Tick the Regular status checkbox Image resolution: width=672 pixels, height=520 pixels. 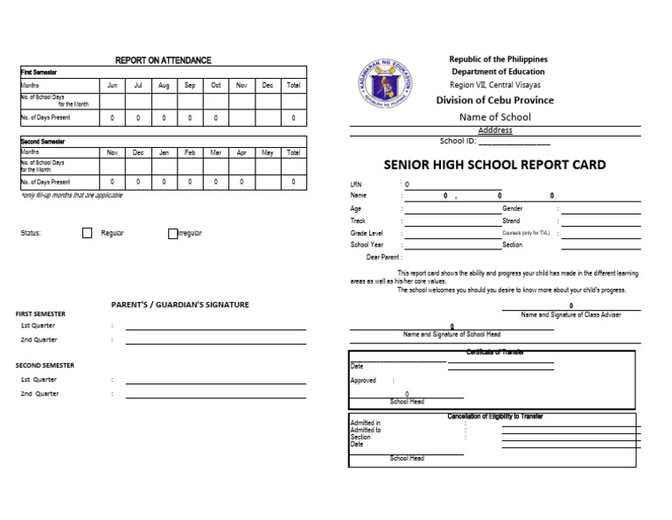(x=87, y=234)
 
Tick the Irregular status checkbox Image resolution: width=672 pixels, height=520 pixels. (x=172, y=234)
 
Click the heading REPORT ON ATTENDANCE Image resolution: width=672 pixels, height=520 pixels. (x=164, y=60)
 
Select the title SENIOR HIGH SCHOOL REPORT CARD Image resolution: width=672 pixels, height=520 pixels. (x=494, y=165)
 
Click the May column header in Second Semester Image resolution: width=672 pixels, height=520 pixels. (x=268, y=152)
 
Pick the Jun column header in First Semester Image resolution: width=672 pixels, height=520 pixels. (x=112, y=86)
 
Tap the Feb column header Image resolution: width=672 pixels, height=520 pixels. (x=190, y=152)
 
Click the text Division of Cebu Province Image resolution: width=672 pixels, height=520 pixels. (x=495, y=100)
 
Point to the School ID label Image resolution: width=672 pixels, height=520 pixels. (x=458, y=141)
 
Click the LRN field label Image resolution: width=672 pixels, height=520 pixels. (x=355, y=185)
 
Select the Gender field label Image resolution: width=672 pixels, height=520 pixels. (x=512, y=209)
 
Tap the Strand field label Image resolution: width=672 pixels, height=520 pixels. (x=511, y=221)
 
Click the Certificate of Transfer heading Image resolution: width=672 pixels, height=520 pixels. (x=494, y=352)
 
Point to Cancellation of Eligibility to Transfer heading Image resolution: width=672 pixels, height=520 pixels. (x=494, y=416)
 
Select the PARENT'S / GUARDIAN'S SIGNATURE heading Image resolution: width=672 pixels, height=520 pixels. (x=180, y=305)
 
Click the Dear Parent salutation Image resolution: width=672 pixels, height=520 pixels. (x=384, y=257)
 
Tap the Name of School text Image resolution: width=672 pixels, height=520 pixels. (x=495, y=116)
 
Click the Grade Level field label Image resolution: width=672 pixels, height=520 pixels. (x=367, y=234)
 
